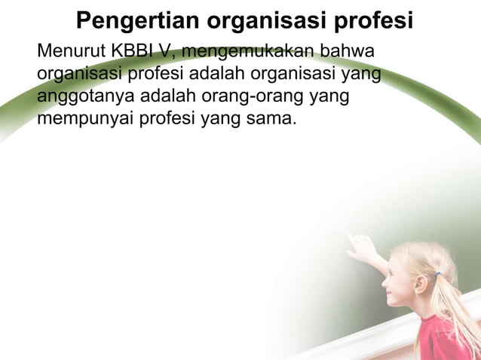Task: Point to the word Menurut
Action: (70, 53)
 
